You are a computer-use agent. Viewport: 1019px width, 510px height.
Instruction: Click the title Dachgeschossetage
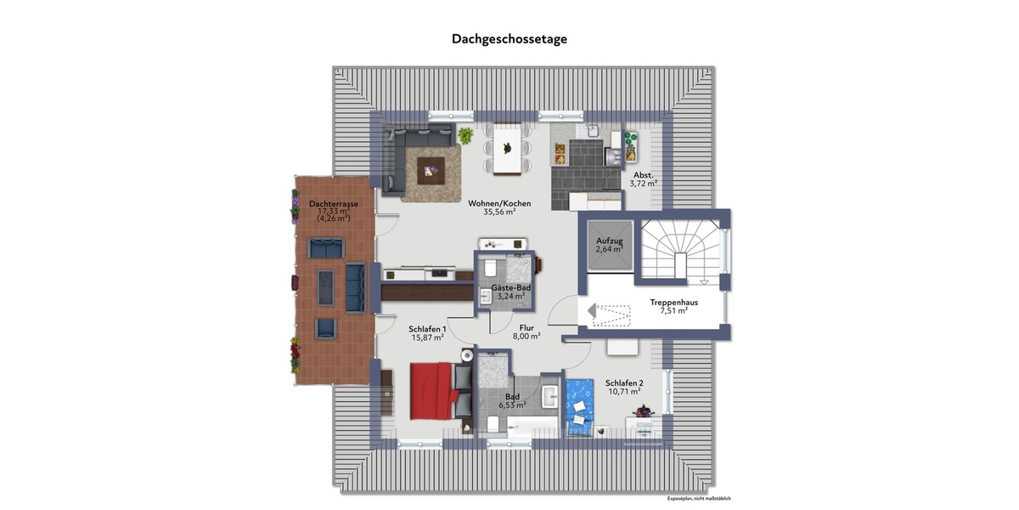coord(509,39)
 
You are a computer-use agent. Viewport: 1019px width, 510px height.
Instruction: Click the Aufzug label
coord(610,242)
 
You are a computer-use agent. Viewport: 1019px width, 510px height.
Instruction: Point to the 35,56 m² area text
coord(499,212)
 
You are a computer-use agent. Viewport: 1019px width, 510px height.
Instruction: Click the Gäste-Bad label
coord(511,288)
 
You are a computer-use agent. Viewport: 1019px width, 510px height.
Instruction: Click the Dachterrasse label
coord(332,204)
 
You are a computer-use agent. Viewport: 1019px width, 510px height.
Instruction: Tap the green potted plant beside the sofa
coord(466,134)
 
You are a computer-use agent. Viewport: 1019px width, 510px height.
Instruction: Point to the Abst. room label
coord(643,174)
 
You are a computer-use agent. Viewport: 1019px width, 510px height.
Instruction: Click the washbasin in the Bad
coord(549,396)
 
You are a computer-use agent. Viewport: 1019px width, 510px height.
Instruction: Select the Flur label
coord(526,326)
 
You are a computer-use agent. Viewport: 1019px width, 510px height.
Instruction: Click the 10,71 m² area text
coord(623,393)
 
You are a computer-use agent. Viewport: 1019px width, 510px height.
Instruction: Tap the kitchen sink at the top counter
coord(591,131)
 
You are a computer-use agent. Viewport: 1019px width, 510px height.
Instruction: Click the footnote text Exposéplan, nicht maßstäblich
coord(699,498)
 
